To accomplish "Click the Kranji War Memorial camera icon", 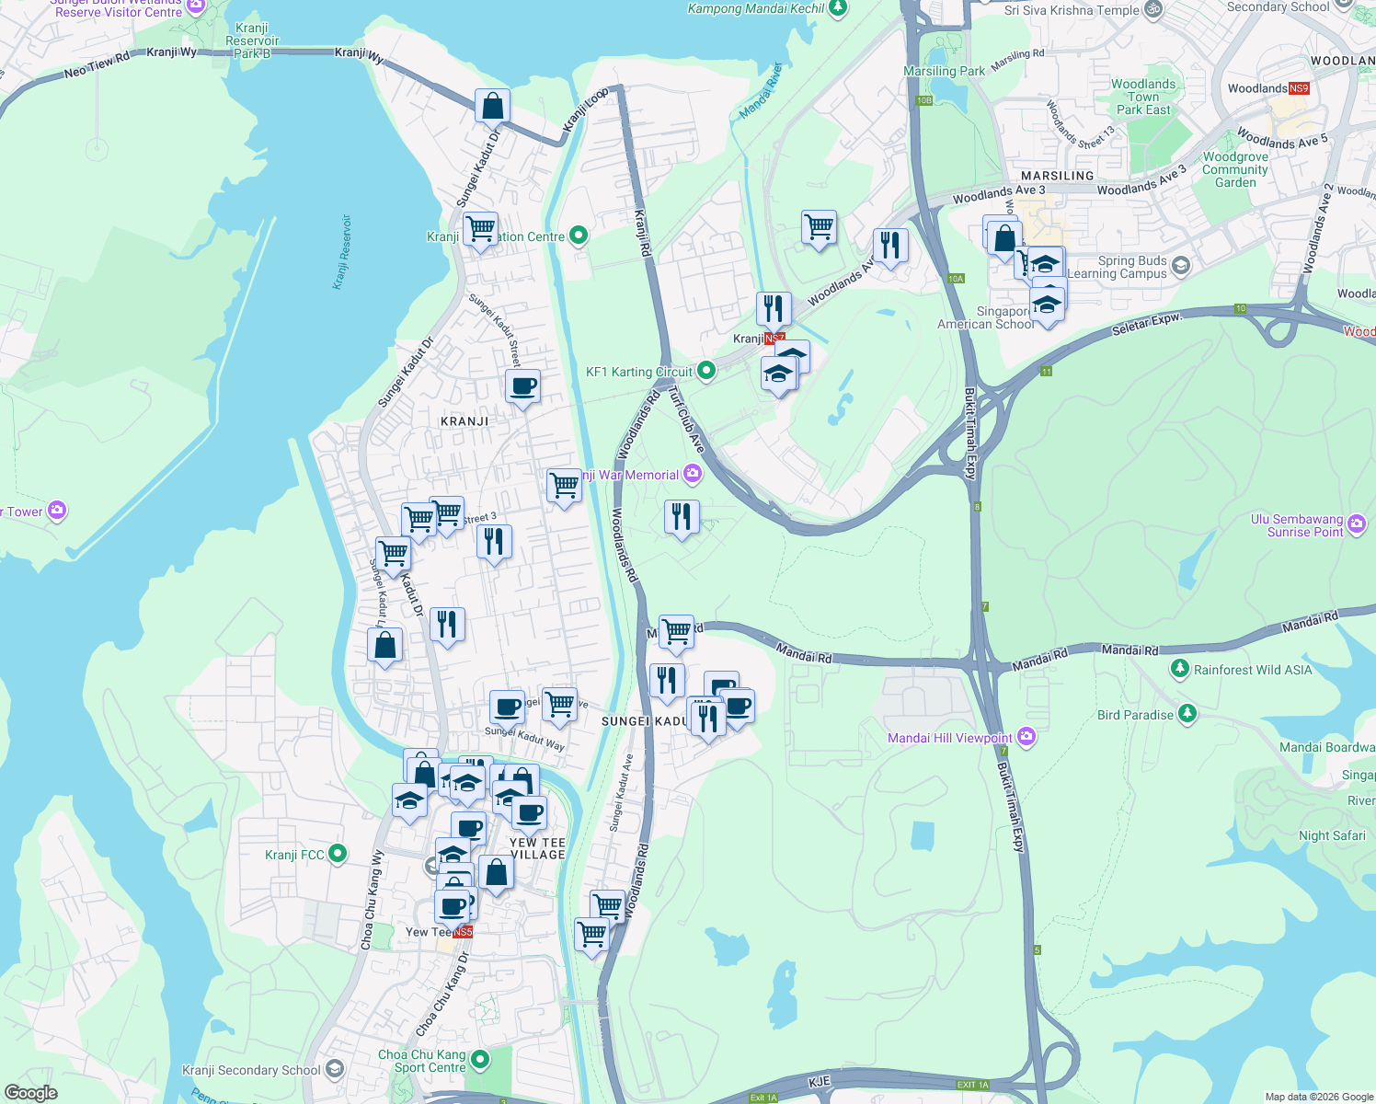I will (693, 474).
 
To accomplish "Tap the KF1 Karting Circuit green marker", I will (706, 371).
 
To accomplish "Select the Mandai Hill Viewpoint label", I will (949, 738).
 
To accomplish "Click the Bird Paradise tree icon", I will (1187, 713).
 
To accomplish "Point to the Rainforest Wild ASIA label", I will (1253, 670).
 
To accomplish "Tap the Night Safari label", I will (1332, 835).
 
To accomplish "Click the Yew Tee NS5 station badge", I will (463, 932).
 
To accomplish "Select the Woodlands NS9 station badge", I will (1298, 88).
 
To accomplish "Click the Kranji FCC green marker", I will (338, 854).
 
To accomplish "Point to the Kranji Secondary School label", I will (251, 1070).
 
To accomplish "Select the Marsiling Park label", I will (944, 71).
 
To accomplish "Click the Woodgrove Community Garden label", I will (1235, 169).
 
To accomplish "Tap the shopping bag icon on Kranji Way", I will (493, 105).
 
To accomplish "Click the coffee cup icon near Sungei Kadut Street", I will (522, 385).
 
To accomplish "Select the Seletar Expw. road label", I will (1145, 323).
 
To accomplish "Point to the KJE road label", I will (820, 1081).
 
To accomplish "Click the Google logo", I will (31, 1092).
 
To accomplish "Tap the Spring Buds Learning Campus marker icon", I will (1181, 266).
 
